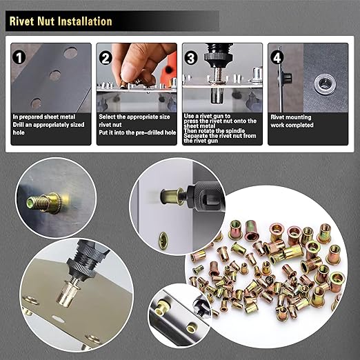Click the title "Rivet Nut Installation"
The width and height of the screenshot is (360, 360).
(61, 21)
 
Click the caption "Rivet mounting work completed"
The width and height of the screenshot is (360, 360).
(293, 121)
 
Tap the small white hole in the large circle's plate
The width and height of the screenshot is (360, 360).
(61, 319)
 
